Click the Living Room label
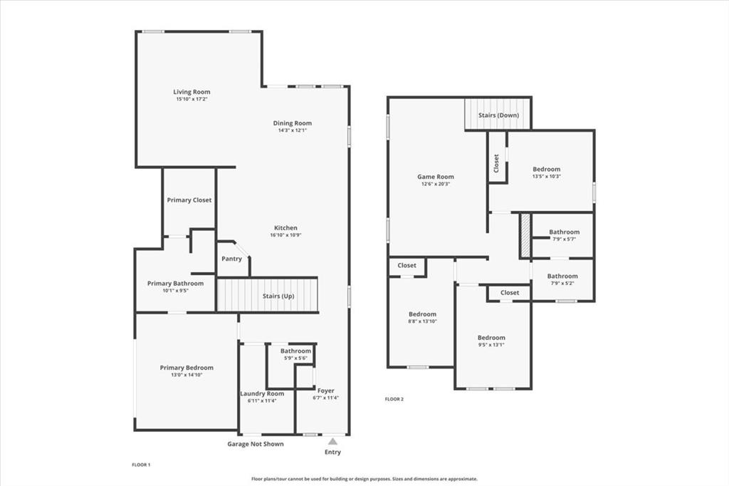pyautogui.click(x=192, y=92)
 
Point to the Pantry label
pyautogui.click(x=231, y=259)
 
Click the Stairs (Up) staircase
pyautogui.click(x=267, y=295)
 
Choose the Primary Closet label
pyautogui.click(x=189, y=200)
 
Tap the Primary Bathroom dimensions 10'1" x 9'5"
pyautogui.click(x=175, y=291)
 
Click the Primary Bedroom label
pyautogui.click(x=187, y=368)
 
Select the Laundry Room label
pyautogui.click(x=261, y=393)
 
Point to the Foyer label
pyautogui.click(x=325, y=391)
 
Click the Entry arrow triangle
pyautogui.click(x=332, y=442)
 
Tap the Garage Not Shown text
pyautogui.click(x=255, y=444)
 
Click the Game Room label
pyautogui.click(x=435, y=177)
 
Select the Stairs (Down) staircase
pyautogui.click(x=498, y=115)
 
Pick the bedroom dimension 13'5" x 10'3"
pyautogui.click(x=547, y=177)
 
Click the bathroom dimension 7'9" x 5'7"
pyautogui.click(x=564, y=239)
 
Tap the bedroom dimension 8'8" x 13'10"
pyautogui.click(x=422, y=321)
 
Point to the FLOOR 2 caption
pyautogui.click(x=394, y=399)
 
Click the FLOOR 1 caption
pyautogui.click(x=141, y=465)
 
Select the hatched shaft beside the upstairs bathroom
pyautogui.click(x=525, y=236)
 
